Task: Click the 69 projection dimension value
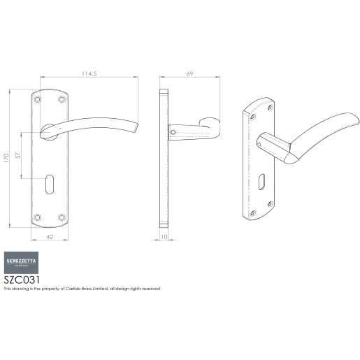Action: pos(189,72)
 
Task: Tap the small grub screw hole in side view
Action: pos(171,129)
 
